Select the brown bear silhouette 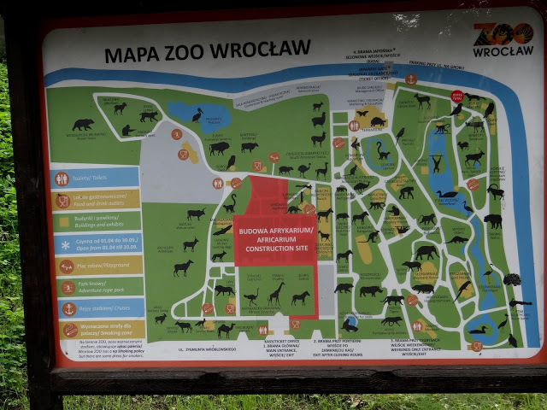pos(83,125)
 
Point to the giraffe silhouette pos(276,295)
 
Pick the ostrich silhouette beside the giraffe pos(252,297)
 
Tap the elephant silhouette pos(425,252)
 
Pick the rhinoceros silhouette pos(371,291)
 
